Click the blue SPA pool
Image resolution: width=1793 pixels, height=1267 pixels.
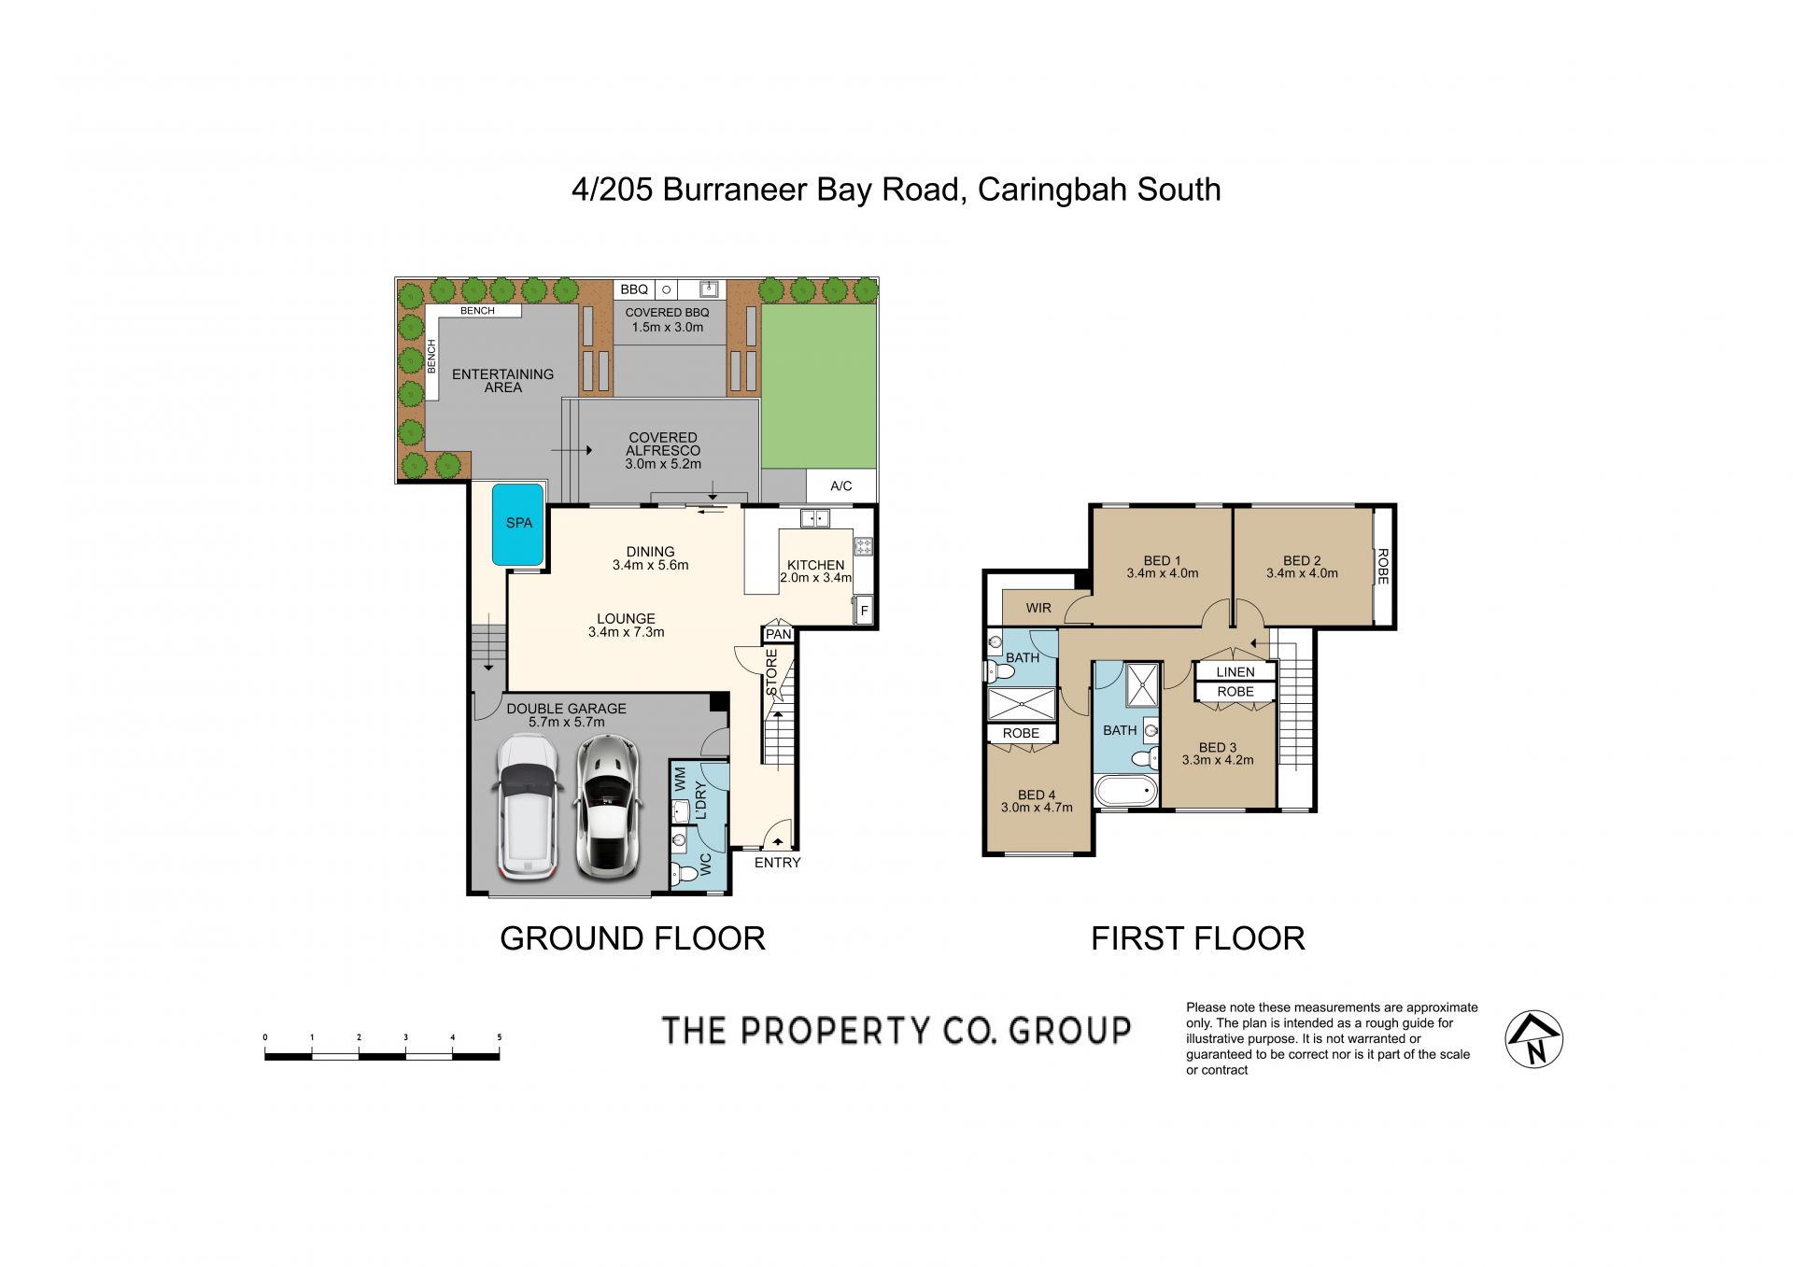click(x=518, y=524)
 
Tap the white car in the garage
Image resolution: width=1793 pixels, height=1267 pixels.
click(x=528, y=808)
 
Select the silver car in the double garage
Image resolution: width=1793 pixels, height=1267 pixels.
click(x=605, y=808)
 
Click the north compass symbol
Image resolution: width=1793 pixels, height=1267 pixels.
click(x=1534, y=1039)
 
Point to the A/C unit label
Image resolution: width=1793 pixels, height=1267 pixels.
click(x=841, y=486)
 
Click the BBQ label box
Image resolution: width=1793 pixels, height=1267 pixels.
click(x=634, y=289)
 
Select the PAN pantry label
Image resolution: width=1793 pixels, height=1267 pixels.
click(x=779, y=635)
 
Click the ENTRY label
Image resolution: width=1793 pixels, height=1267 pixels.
click(x=778, y=863)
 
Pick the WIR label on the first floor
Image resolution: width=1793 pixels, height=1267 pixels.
click(x=1038, y=608)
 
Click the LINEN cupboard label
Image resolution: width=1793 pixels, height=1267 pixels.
click(x=1235, y=672)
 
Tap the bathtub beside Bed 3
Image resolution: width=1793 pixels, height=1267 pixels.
click(x=1126, y=792)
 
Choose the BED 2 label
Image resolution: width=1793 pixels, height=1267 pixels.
click(x=1302, y=561)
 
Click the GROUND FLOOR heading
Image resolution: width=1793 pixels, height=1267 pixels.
click(x=632, y=938)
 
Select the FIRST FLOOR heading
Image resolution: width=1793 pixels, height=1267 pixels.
click(x=1198, y=938)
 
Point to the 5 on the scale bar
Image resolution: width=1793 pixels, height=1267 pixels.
click(x=500, y=1037)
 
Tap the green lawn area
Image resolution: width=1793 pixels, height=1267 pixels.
click(x=819, y=386)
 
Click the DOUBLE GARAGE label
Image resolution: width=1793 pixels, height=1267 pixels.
click(x=567, y=709)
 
